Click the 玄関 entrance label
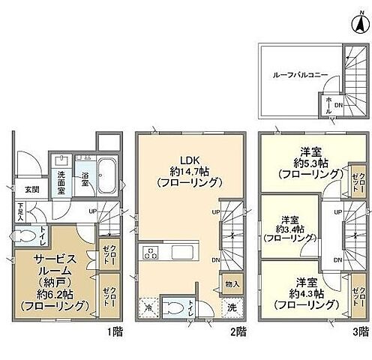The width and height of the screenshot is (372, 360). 31,188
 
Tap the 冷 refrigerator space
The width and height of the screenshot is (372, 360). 148,307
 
